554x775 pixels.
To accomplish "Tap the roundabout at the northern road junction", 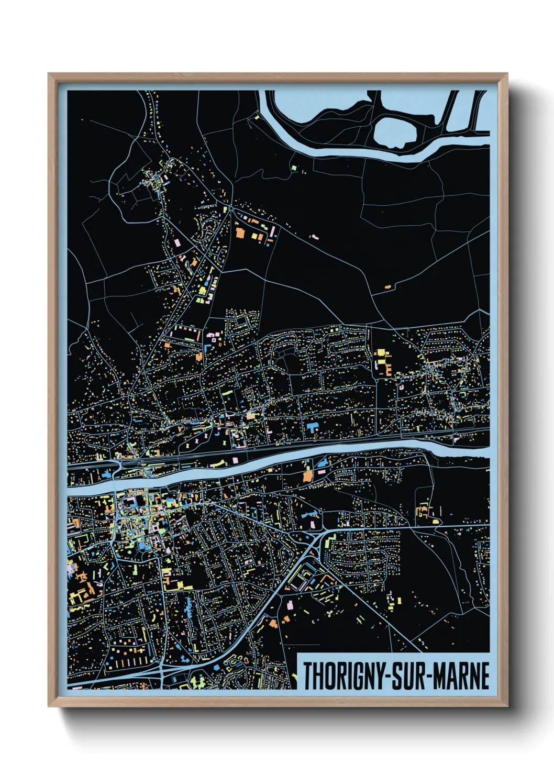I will [231, 208].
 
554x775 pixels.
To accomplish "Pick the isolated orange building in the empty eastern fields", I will [388, 287].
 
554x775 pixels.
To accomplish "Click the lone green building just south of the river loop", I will [294, 168].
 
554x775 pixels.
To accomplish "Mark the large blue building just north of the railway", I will [312, 426].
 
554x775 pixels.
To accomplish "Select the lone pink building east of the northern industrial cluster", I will [314, 237].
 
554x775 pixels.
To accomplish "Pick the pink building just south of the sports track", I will [290, 605].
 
